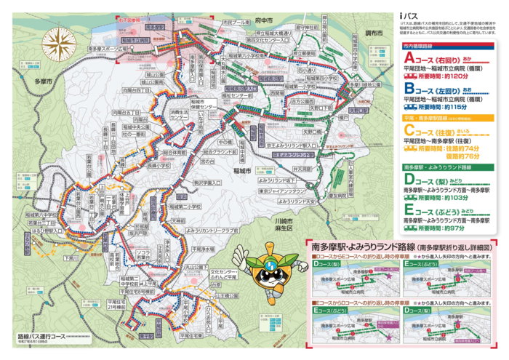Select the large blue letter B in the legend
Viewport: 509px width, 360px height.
click(x=409, y=89)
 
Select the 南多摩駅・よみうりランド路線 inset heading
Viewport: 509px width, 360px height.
click(x=364, y=247)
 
